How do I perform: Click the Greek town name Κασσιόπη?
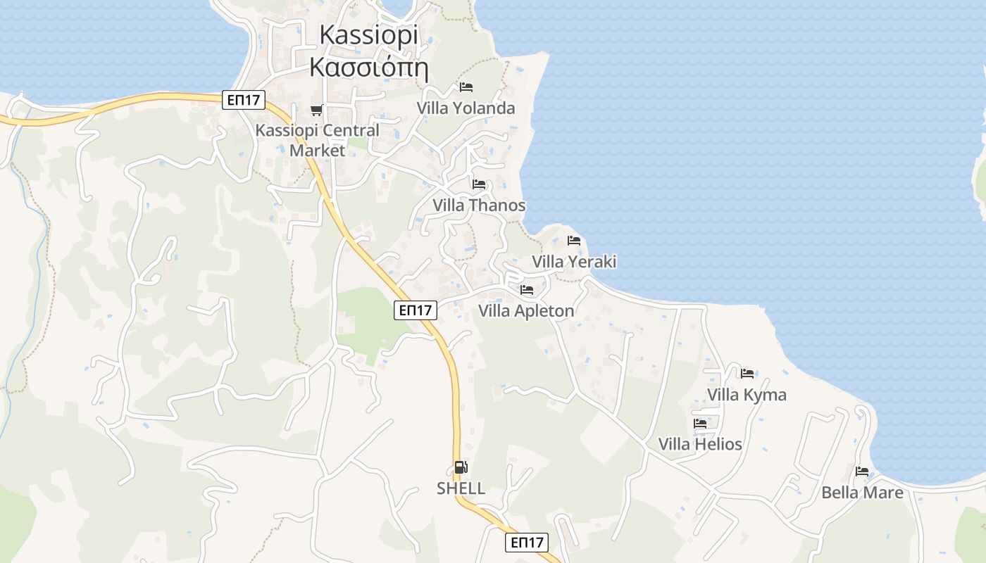(x=369, y=68)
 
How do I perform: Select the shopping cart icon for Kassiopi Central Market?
(x=316, y=110)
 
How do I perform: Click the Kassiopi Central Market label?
(x=317, y=140)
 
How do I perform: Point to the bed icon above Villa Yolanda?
(x=466, y=87)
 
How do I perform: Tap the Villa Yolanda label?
(x=466, y=108)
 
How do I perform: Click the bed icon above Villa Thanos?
(x=479, y=184)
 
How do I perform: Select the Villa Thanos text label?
(x=479, y=205)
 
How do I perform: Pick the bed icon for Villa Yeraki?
(x=574, y=241)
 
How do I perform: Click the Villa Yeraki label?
(x=574, y=262)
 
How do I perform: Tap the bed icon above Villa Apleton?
(x=526, y=290)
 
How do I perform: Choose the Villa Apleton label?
(x=526, y=310)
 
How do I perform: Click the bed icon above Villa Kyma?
(x=747, y=373)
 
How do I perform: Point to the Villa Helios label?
(x=700, y=444)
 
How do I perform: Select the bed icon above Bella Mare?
(x=862, y=472)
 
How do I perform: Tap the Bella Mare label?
(x=862, y=493)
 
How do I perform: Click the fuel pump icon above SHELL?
(x=461, y=467)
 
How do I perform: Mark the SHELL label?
(x=461, y=488)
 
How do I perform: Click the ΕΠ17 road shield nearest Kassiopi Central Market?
(x=244, y=101)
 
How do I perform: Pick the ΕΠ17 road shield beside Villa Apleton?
(x=416, y=310)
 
